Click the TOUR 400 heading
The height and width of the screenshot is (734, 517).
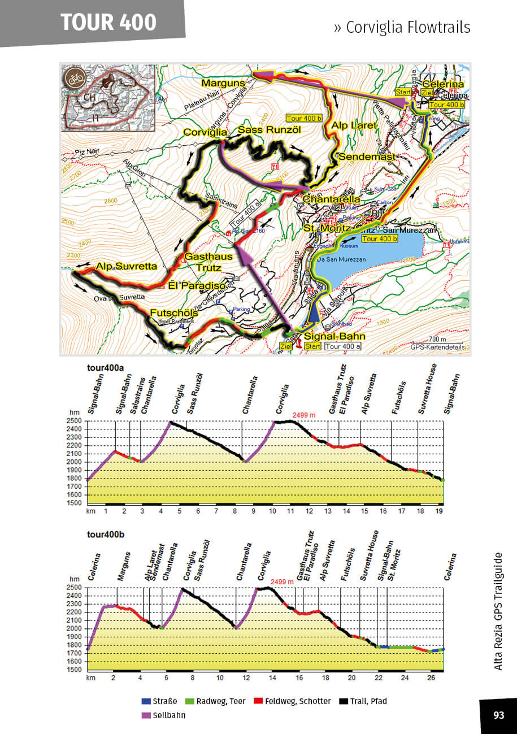tap(108, 22)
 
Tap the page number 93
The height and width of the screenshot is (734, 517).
tap(498, 715)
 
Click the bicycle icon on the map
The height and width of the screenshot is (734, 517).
tap(74, 77)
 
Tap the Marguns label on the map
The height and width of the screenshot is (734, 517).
tap(223, 84)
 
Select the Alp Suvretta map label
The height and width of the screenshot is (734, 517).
tap(126, 266)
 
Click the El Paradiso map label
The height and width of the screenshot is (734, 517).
tap(197, 286)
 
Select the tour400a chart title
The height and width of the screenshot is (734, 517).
tap(106, 368)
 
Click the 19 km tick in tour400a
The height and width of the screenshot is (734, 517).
tap(440, 511)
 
